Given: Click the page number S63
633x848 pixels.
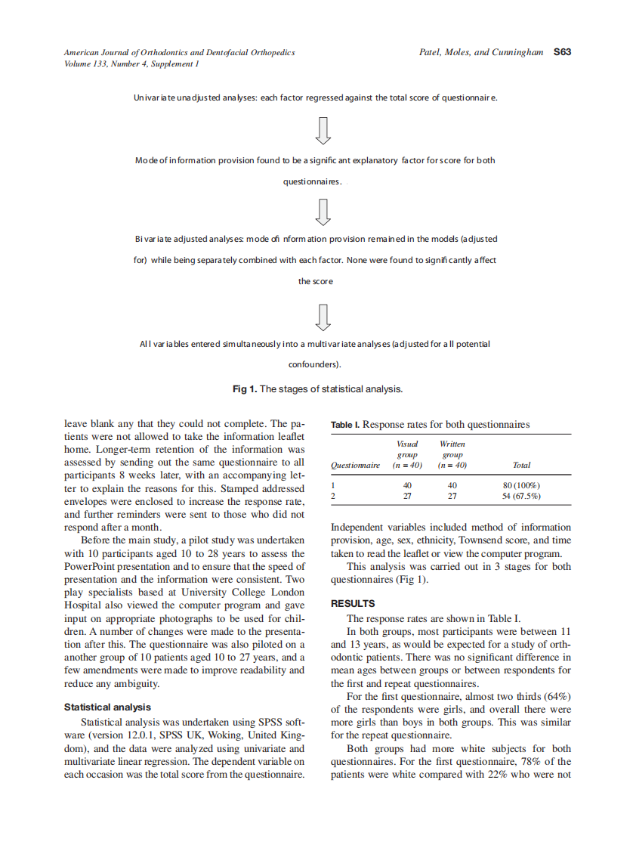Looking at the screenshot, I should pos(562,52).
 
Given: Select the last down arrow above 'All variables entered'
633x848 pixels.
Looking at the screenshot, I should pos(323,316).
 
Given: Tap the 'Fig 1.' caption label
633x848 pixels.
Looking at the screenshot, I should pos(244,389).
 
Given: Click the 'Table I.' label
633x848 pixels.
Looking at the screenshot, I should pos(345,425).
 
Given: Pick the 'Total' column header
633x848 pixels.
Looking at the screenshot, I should pos(521,466).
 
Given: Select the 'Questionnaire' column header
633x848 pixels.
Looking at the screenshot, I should pos(356,466).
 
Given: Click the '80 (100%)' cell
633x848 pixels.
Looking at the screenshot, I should pos(521,484).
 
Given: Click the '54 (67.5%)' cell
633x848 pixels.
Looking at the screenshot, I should pos(521,496).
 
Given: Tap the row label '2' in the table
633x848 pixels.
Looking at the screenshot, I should pos(334,496).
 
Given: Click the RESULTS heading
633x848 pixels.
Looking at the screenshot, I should pos(353,604).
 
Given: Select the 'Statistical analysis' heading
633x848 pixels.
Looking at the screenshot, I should pos(107,707).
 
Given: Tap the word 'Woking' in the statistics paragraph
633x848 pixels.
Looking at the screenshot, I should pos(207,735).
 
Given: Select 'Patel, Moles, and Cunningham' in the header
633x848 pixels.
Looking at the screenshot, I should pos(481,52).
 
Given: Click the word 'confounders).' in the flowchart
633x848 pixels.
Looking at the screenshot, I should pos(316,365).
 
